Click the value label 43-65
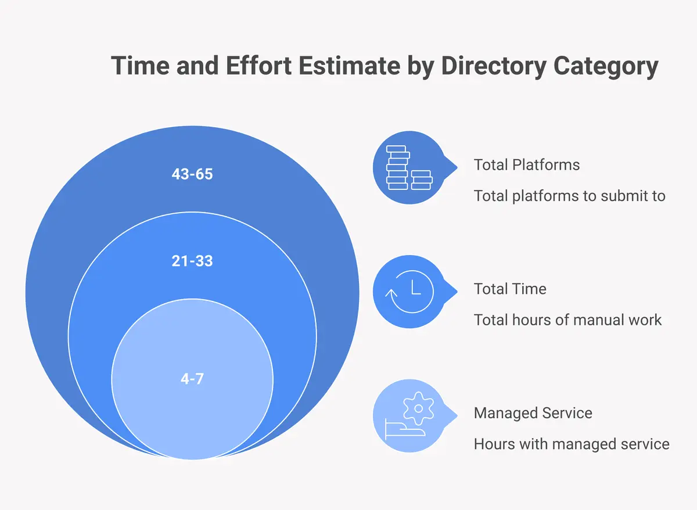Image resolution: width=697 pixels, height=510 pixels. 192,174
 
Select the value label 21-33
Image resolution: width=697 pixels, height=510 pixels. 192,261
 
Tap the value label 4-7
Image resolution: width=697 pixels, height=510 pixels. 192,379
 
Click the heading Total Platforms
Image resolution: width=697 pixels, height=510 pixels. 526,164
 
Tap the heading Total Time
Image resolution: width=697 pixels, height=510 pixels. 510,289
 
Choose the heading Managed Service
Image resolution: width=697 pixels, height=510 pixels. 533,413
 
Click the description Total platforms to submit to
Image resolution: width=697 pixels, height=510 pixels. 569,196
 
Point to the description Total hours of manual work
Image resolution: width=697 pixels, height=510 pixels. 567,319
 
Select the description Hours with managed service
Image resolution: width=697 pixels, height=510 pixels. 571,444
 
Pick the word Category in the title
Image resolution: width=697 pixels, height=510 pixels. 606,66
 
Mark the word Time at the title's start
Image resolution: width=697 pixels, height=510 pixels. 135,66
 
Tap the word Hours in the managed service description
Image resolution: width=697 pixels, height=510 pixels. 493,444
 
